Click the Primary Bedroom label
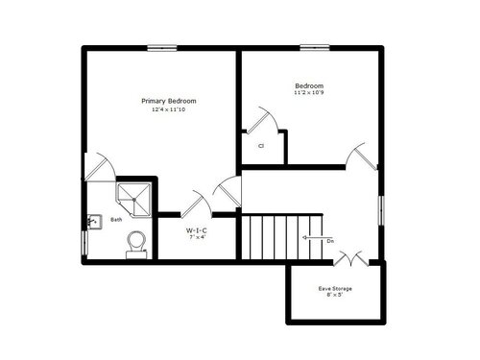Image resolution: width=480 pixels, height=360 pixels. pyautogui.click(x=169, y=101)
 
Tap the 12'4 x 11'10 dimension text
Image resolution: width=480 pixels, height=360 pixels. pyautogui.click(x=168, y=109)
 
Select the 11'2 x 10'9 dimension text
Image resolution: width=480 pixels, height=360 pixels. pyautogui.click(x=309, y=93)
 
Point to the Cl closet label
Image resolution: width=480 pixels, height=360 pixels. pyautogui.click(x=261, y=146)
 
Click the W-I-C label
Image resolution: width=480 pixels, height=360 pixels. pyautogui.click(x=197, y=230)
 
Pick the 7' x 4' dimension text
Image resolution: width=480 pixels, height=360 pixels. pyautogui.click(x=197, y=237)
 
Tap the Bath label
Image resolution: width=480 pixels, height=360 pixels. pyautogui.click(x=116, y=220)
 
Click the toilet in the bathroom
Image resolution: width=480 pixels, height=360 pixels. pyautogui.click(x=136, y=245)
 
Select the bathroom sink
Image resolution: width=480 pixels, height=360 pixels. pyautogui.click(x=94, y=222)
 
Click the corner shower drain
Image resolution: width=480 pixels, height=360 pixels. pyautogui.click(x=134, y=200)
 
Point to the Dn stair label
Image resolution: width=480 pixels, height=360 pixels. pyautogui.click(x=330, y=241)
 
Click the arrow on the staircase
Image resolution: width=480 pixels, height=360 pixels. pyautogui.click(x=314, y=237)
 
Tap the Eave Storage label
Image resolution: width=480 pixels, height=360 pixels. pyautogui.click(x=335, y=289)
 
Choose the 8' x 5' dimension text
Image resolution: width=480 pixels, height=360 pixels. pyautogui.click(x=335, y=295)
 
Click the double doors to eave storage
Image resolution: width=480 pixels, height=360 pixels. pyautogui.click(x=351, y=258)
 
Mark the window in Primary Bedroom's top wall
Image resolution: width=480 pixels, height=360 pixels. pyautogui.click(x=162, y=48)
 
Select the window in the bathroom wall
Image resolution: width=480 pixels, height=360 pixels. pyautogui.click(x=84, y=243)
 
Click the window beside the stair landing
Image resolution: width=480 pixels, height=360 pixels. pyautogui.click(x=381, y=210)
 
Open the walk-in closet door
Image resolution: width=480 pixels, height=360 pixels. pyautogui.click(x=196, y=204)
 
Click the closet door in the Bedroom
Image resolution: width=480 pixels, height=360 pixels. pyautogui.click(x=262, y=120)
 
